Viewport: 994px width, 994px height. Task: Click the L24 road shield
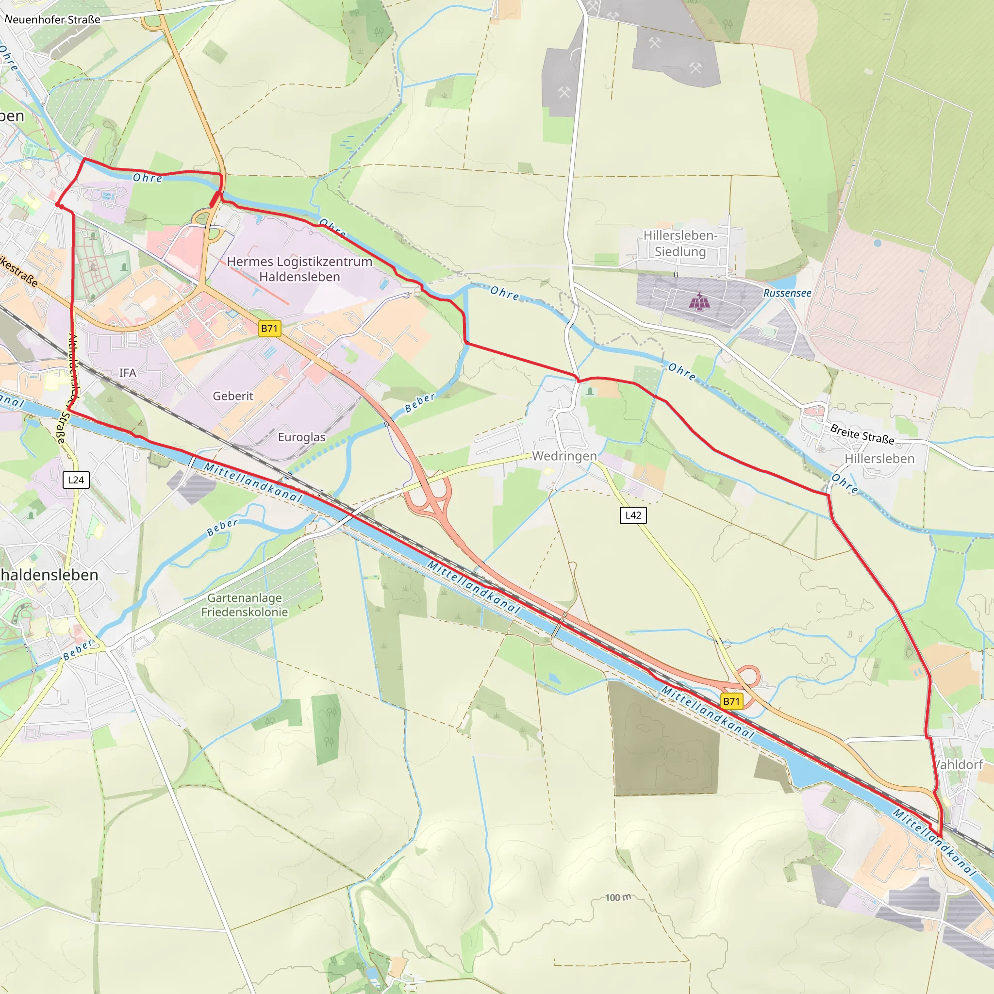tap(76, 480)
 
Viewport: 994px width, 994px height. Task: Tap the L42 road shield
tap(633, 515)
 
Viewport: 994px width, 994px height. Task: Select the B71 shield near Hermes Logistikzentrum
tap(269, 328)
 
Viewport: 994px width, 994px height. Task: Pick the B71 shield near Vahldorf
tap(731, 701)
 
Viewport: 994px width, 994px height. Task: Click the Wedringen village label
tap(564, 456)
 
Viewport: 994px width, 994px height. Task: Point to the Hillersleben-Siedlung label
tap(679, 243)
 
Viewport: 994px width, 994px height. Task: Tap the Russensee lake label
tap(787, 293)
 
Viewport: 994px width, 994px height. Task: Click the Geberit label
tap(233, 396)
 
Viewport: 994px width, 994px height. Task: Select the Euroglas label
tap(301, 437)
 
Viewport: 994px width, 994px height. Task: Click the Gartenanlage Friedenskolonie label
tap(245, 605)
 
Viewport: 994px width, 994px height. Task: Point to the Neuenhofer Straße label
tap(52, 19)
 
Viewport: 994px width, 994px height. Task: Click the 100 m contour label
tap(618, 897)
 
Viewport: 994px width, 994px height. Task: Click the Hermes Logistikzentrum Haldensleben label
tap(299, 268)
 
